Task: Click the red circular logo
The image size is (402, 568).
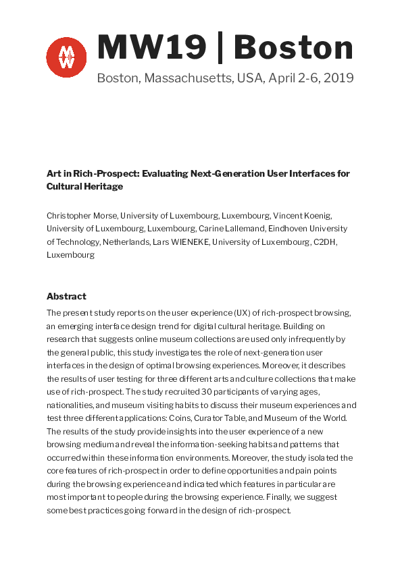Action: coord(66,57)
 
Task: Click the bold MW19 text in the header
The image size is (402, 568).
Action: coord(152,47)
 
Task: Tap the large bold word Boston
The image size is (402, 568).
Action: coord(294,47)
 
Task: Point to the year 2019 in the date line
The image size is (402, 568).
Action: coord(338,78)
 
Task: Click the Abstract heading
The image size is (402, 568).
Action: coord(66,296)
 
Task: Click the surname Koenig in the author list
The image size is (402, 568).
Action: coord(316,215)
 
